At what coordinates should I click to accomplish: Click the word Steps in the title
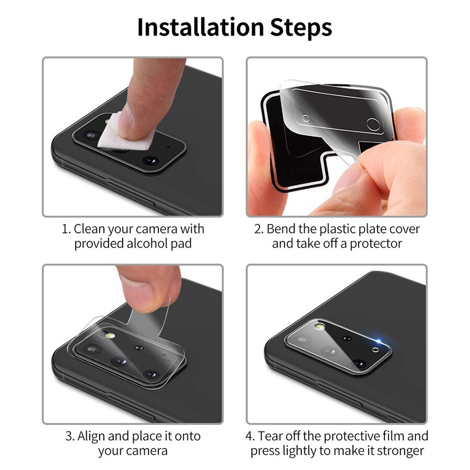tap(301, 27)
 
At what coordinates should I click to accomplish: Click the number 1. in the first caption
tap(66, 229)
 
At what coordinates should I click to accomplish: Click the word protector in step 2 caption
tap(375, 243)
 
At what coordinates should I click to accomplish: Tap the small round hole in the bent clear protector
tap(372, 124)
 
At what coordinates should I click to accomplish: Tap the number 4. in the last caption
tap(250, 436)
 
